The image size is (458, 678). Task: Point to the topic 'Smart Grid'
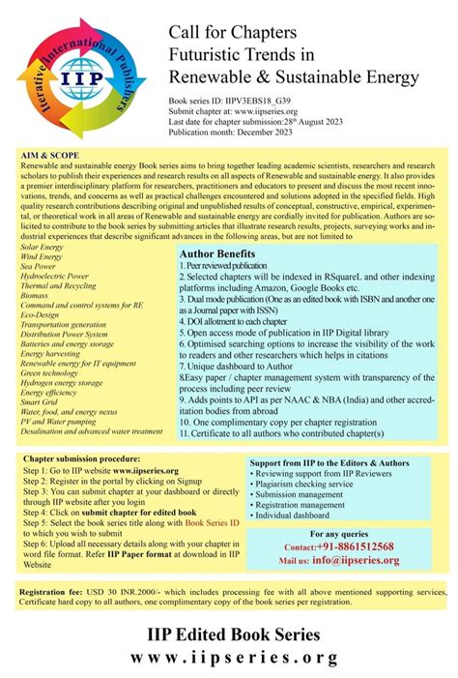tap(42, 401)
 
